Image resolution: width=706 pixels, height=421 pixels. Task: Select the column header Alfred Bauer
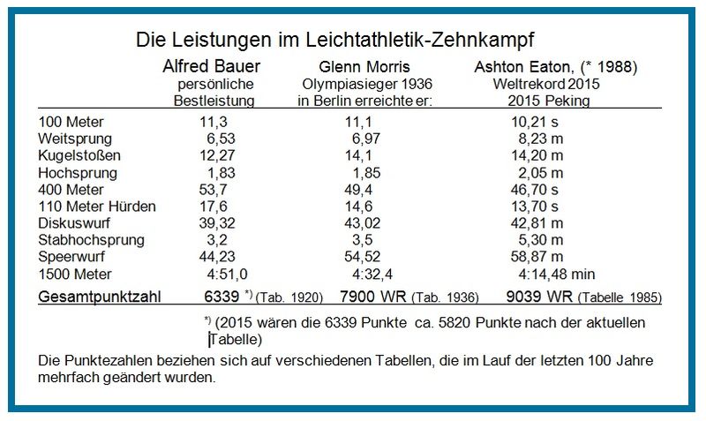pyautogui.click(x=212, y=66)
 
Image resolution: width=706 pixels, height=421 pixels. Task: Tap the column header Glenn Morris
pyautogui.click(x=364, y=67)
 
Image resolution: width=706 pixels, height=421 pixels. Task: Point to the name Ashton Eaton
pyautogui.click(x=517, y=67)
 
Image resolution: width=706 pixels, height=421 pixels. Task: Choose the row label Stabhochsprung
pyautogui.click(x=86, y=239)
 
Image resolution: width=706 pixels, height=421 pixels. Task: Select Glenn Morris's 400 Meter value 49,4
pyautogui.click(x=361, y=189)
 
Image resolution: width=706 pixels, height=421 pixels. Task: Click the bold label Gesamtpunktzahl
pyautogui.click(x=98, y=297)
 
